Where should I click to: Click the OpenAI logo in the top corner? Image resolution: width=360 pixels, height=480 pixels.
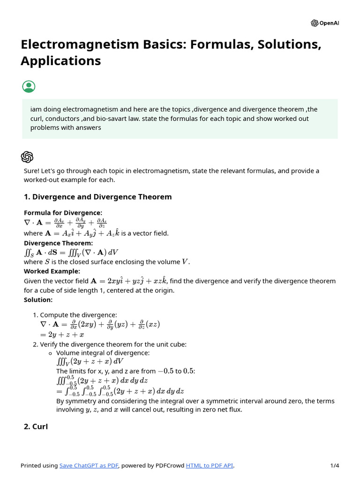[324, 23]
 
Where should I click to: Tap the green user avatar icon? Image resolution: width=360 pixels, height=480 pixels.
[29, 87]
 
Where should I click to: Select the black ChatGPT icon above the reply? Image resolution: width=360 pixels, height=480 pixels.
[27, 157]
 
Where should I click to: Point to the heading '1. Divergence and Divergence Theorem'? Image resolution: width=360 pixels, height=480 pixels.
[97, 197]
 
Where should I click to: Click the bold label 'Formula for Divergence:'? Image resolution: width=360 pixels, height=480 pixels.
[63, 213]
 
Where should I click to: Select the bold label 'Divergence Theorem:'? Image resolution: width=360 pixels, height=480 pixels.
[58, 243]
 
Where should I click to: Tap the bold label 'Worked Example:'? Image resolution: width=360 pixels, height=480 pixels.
[52, 271]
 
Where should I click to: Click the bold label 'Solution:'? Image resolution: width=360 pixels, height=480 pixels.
[38, 300]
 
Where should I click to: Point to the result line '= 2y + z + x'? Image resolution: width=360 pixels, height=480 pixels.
[62, 335]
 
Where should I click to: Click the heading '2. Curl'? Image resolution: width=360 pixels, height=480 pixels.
[36, 427]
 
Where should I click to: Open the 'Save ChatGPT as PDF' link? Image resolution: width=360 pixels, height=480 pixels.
[89, 465]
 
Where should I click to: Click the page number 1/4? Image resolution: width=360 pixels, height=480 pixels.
[334, 465]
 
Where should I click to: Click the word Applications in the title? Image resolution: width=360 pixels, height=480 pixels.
[60, 61]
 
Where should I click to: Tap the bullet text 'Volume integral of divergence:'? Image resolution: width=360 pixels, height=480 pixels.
[103, 353]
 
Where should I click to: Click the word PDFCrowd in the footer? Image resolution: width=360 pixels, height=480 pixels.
[169, 465]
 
